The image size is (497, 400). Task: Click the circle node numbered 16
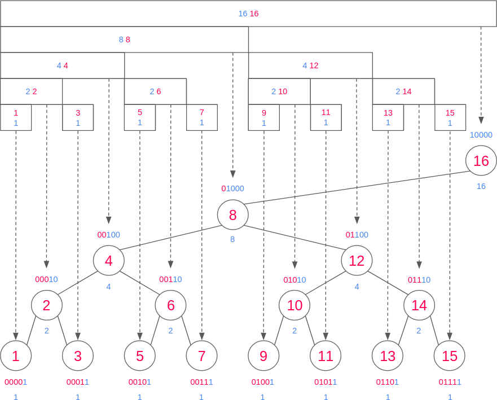tap(481, 161)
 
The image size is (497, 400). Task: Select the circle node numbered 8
tap(232, 215)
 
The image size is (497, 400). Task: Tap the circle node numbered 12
tap(357, 261)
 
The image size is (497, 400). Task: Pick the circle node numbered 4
tap(108, 261)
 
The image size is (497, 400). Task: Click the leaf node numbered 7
tap(201, 356)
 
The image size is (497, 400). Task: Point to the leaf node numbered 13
tap(388, 356)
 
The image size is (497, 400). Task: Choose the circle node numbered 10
tap(294, 306)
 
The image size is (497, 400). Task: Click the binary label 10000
tap(481, 135)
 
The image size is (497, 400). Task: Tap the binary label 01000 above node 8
tap(232, 188)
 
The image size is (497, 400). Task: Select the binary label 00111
tap(201, 382)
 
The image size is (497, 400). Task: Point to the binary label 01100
tap(357, 235)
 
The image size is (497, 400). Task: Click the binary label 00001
tap(16, 382)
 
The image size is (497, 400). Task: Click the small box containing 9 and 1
tap(263, 118)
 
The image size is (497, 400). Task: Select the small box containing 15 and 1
tap(450, 118)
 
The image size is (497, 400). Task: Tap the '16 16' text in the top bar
tap(248, 14)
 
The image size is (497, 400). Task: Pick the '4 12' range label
tap(310, 65)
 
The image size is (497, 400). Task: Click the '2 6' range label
tap(155, 91)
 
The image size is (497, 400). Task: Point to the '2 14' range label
tap(403, 91)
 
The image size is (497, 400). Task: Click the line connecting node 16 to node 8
tap(355, 187)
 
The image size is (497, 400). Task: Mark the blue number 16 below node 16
tap(481, 186)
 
